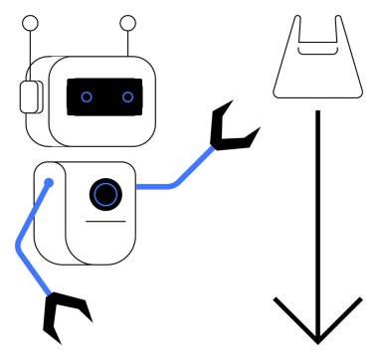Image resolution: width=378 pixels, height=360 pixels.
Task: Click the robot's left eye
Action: pos(87,96)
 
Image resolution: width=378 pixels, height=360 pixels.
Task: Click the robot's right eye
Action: pos(127,96)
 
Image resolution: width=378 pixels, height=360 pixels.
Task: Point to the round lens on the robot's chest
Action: pos(104,194)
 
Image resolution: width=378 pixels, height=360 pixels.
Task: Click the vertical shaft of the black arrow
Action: pos(316,199)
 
